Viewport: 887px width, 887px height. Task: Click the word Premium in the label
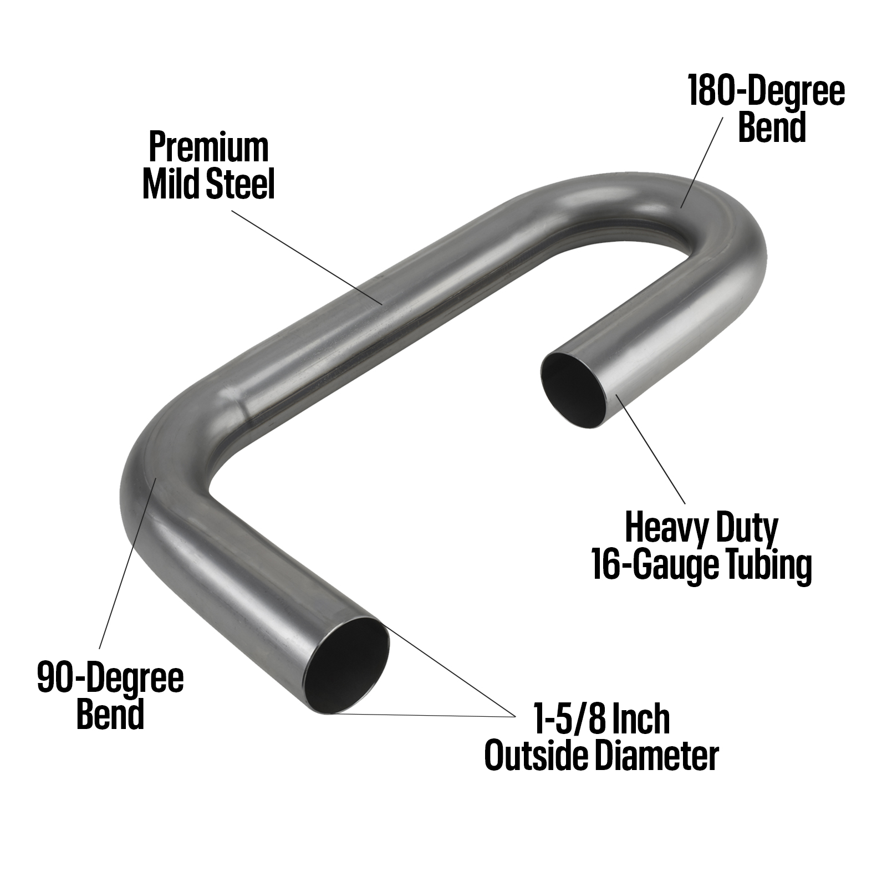[x=208, y=149]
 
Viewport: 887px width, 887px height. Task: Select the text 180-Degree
[x=767, y=92]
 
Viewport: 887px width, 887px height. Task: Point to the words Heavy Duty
[x=701, y=528]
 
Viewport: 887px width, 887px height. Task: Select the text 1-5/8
[x=565, y=720]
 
